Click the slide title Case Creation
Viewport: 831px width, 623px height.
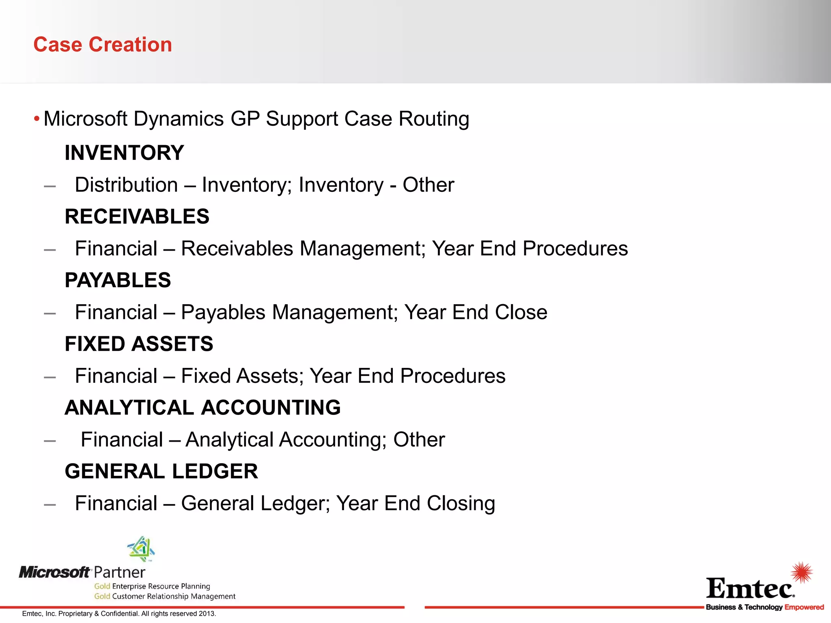pos(103,44)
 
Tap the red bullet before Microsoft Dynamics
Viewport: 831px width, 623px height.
pos(37,119)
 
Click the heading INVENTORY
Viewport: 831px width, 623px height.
pos(124,153)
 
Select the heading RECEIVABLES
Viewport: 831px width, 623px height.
pos(137,217)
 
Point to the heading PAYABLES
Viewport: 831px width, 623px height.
pos(118,280)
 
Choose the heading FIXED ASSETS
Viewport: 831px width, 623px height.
pos(139,344)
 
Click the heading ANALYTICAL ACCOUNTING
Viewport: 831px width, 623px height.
pos(202,408)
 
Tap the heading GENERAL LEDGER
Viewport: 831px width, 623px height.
pos(161,471)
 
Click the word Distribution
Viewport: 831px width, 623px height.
pos(126,185)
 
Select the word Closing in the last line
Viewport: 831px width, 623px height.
pos(461,503)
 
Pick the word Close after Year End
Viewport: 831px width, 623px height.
pos(521,312)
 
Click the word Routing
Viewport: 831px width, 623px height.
pos(434,119)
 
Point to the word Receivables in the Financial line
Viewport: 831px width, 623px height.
pos(237,249)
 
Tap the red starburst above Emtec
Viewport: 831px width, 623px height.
pos(802,572)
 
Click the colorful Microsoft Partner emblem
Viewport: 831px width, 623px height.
pos(141,549)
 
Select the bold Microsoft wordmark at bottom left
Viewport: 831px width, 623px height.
pos(54,572)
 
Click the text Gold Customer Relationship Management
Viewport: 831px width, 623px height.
pos(164,596)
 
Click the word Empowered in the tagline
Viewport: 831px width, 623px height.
pos(804,607)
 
